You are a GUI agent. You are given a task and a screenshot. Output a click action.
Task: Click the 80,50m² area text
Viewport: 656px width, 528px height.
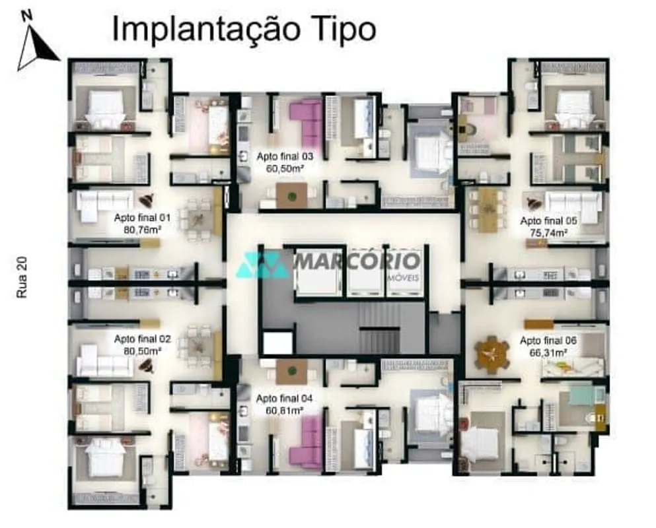point(142,351)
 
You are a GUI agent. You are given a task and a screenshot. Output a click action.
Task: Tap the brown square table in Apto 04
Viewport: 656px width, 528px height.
point(291,372)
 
